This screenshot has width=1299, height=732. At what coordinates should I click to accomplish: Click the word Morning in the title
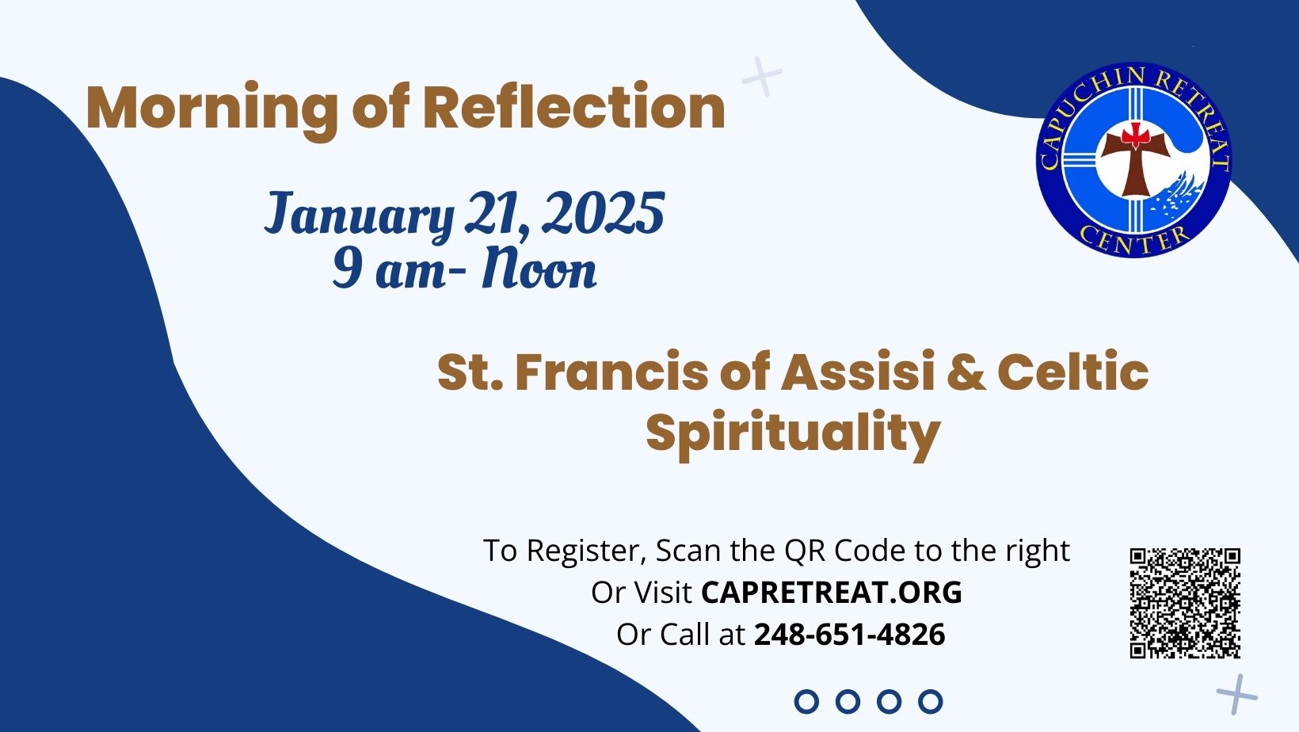click(211, 110)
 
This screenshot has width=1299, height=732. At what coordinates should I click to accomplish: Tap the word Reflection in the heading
click(574, 105)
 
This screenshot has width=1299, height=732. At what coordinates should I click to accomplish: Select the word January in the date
click(359, 214)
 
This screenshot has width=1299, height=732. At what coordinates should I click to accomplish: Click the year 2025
click(604, 212)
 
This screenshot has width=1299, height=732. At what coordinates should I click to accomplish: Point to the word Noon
click(539, 269)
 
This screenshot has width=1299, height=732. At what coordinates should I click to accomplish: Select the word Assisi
click(858, 372)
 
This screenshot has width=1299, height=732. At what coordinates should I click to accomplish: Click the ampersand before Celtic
click(966, 372)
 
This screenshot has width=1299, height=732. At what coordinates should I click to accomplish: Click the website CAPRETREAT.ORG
click(832, 593)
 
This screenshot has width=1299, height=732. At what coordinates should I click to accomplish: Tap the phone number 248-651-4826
click(850, 634)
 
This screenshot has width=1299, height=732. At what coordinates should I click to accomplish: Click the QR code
click(1185, 603)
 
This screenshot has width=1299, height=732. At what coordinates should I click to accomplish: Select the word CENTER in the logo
click(1134, 240)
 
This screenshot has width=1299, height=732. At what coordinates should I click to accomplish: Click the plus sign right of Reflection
click(762, 76)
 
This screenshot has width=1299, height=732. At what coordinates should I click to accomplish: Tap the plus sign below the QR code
click(1237, 694)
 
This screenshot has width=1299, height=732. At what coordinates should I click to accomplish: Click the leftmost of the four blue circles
click(806, 701)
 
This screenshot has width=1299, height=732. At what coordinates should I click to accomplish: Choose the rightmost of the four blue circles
click(930, 701)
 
